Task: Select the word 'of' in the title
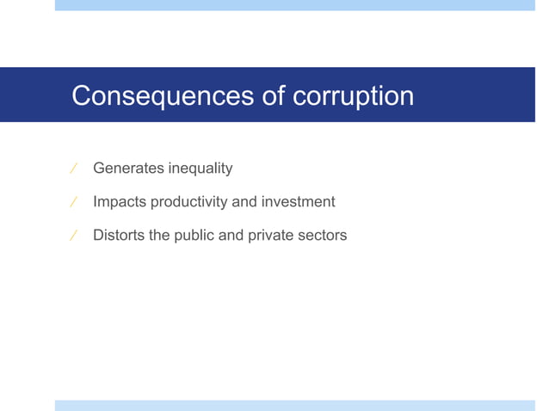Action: click(274, 95)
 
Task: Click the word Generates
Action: click(127, 169)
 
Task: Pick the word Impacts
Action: click(120, 202)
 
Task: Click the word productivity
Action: click(183, 202)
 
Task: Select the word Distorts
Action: click(119, 235)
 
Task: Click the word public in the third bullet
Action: click(194, 235)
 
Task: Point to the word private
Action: click(271, 235)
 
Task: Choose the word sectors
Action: click(323, 235)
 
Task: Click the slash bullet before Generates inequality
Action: click(73, 169)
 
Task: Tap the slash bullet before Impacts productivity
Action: click(73, 203)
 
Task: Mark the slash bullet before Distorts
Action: click(73, 236)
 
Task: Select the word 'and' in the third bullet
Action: click(231, 235)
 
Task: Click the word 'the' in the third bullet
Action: click(160, 235)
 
